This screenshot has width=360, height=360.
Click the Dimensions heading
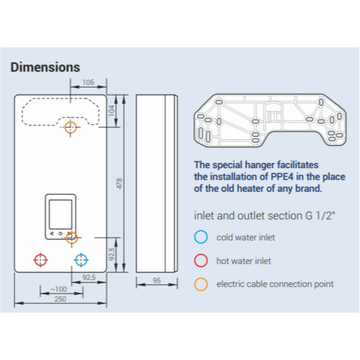coord(45,67)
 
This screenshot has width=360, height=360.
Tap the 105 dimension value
coord(89,83)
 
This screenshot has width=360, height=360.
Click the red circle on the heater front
coord(40,260)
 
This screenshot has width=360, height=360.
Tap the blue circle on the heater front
coord(80,260)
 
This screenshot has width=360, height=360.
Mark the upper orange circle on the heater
coord(71,127)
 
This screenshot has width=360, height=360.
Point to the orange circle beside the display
coord(73,236)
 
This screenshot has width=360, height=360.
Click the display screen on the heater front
coord(60,214)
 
